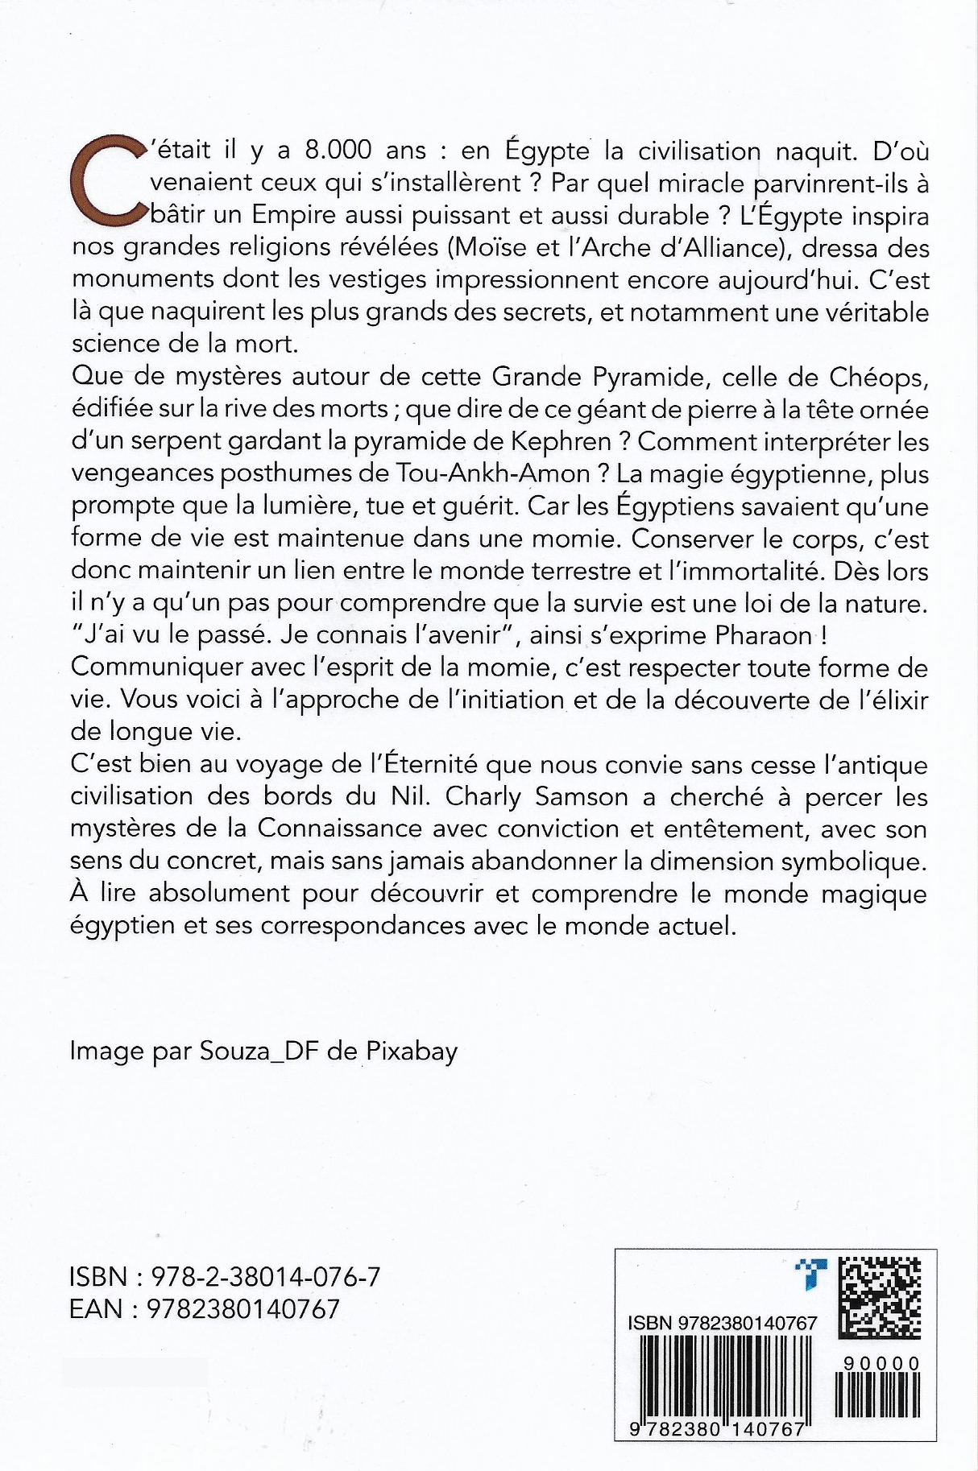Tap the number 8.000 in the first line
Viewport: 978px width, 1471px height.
(x=338, y=151)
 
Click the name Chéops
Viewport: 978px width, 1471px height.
(x=886, y=377)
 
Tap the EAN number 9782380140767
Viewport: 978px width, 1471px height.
(x=243, y=1309)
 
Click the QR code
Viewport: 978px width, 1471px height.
(x=879, y=1296)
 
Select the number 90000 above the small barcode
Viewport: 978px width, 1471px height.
(x=881, y=1364)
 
